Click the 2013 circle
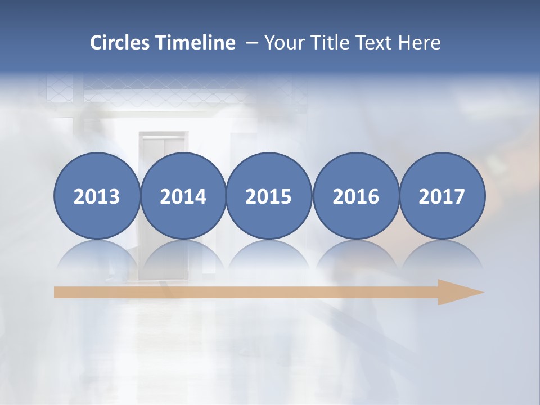tap(97, 196)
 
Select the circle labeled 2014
tap(183, 196)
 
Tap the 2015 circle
tap(269, 196)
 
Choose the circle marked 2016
tap(355, 196)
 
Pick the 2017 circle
tap(442, 196)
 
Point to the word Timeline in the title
tap(196, 43)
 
